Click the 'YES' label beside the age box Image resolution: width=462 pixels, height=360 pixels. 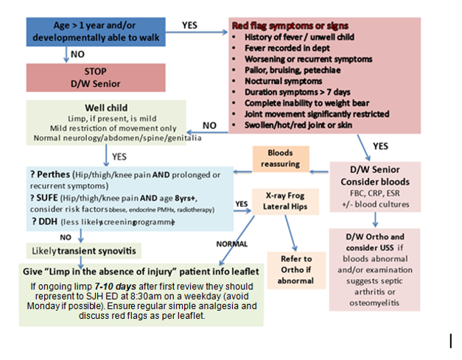[x=190, y=24]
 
